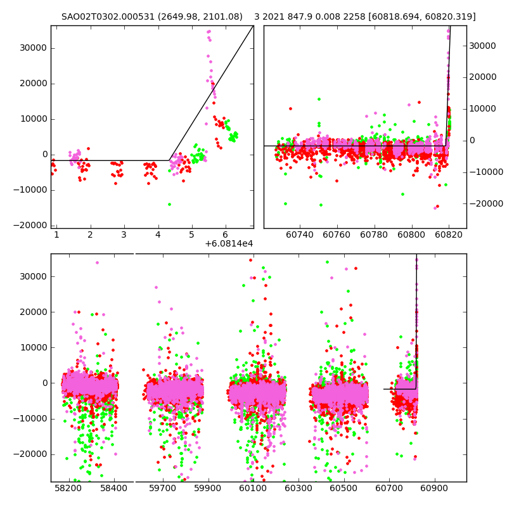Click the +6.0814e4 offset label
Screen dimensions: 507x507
click(229, 243)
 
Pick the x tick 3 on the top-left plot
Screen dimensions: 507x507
click(124, 235)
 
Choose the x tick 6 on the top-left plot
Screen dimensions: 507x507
click(225, 235)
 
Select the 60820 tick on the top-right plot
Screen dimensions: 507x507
click(449, 235)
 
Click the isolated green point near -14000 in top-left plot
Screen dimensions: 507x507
click(169, 204)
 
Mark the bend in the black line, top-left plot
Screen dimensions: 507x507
click(169, 160)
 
